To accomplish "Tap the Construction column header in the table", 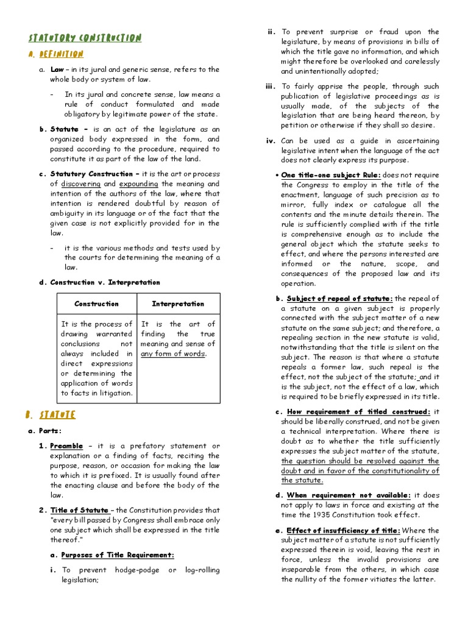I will pyautogui.click(x=96, y=303).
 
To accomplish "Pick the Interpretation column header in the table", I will pyautogui.click(x=178, y=303).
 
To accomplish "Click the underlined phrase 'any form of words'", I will pyautogui.click(x=173, y=353).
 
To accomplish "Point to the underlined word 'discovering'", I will pyautogui.click(x=80, y=183).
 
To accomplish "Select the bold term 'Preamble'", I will pyautogui.click(x=66, y=446).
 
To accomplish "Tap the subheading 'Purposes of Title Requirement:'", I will pyautogui.click(x=118, y=555).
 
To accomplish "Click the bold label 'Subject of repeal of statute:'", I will pyautogui.click(x=340, y=299).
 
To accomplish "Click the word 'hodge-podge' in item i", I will pyautogui.click(x=135, y=570).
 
